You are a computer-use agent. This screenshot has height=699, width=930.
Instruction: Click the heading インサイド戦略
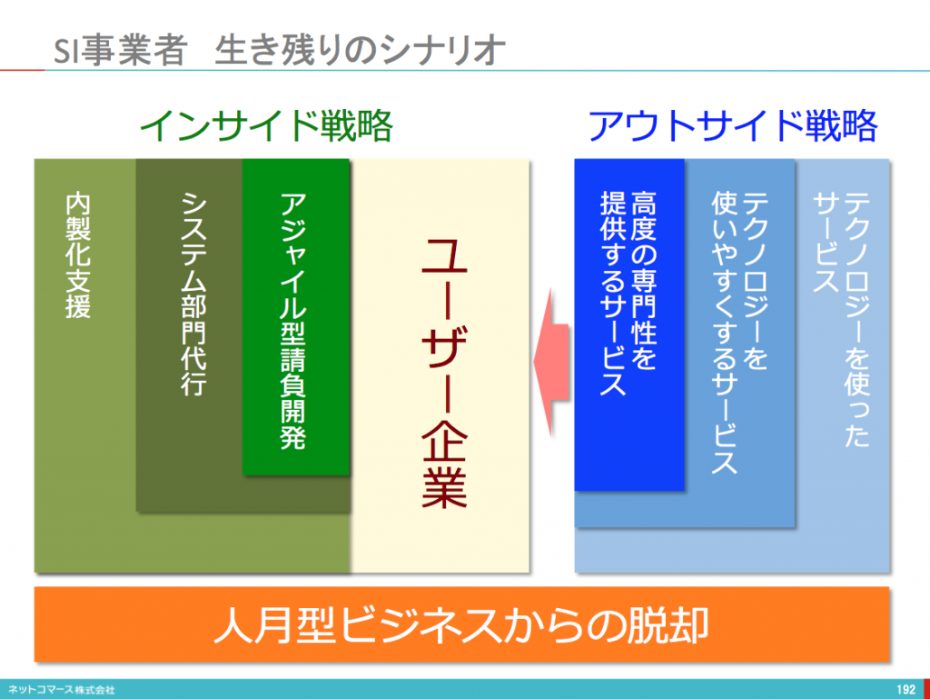(x=266, y=125)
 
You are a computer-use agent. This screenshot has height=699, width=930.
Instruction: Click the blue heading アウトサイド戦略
(x=733, y=125)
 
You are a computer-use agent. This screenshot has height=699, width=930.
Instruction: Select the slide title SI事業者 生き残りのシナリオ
(x=279, y=50)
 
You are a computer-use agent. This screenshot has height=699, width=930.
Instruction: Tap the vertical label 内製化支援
(x=78, y=255)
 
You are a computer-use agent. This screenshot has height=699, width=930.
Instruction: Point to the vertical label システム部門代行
(x=193, y=294)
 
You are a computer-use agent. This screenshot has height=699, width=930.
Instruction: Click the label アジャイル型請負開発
(x=293, y=321)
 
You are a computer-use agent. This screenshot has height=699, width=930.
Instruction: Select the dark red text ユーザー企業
(x=444, y=373)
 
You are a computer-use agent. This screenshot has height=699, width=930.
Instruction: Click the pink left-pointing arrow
(x=551, y=362)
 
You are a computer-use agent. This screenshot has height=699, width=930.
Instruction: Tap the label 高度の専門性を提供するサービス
(x=628, y=293)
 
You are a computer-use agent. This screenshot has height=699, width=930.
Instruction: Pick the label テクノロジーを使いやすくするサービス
(x=739, y=333)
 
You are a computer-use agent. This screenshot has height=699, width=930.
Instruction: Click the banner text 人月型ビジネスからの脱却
(x=461, y=624)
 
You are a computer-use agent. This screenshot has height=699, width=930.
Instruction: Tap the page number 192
(x=905, y=690)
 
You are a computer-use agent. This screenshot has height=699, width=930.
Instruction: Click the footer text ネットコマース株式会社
(x=61, y=690)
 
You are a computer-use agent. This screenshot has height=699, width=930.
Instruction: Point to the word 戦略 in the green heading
(x=356, y=125)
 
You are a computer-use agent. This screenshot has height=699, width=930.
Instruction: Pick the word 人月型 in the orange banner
(x=276, y=624)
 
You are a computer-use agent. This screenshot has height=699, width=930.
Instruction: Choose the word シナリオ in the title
(x=442, y=50)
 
